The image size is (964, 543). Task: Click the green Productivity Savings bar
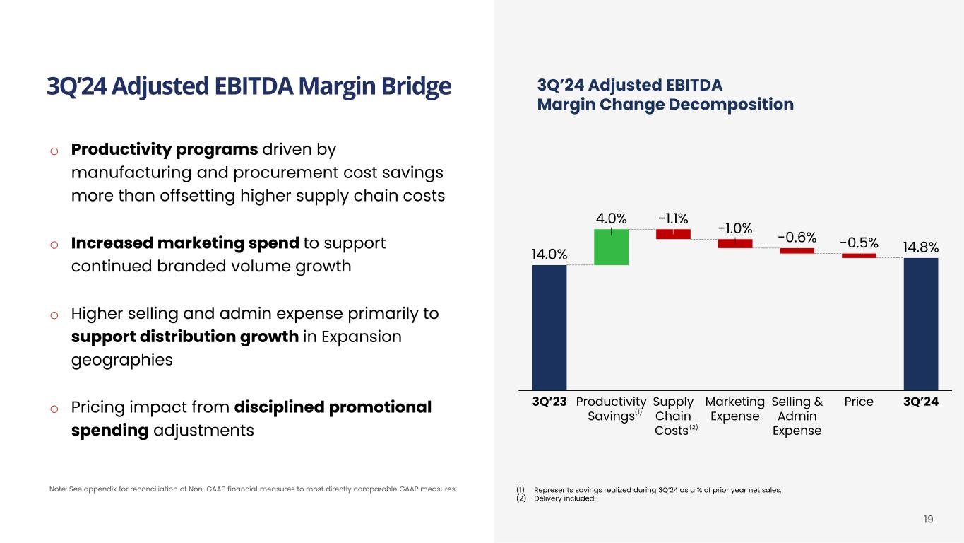(611, 247)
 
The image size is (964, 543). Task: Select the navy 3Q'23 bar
(549, 327)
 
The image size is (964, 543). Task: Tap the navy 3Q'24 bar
(920, 323)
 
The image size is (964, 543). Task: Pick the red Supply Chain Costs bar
(673, 234)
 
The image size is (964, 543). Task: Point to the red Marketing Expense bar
(734, 243)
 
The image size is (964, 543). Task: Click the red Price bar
(859, 255)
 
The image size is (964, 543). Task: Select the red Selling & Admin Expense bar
(797, 250)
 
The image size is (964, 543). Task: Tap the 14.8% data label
(920, 247)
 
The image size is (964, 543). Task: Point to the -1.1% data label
(673, 216)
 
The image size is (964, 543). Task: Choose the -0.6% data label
(797, 235)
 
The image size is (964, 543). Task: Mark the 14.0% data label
(549, 254)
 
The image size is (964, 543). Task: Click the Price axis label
(859, 402)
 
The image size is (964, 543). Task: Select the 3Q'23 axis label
(549, 402)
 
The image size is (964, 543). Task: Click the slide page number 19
(928, 520)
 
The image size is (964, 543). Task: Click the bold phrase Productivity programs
(164, 150)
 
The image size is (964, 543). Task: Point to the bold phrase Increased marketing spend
(185, 243)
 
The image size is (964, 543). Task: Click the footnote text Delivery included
(565, 498)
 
